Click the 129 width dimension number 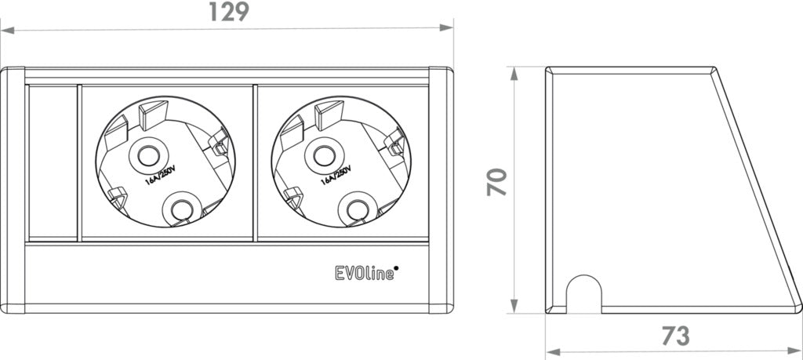[227, 12]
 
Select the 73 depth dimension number [674, 335]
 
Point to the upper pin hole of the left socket [146, 155]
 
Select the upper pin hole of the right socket [323, 155]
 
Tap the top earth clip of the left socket [149, 115]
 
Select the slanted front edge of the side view [757, 188]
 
